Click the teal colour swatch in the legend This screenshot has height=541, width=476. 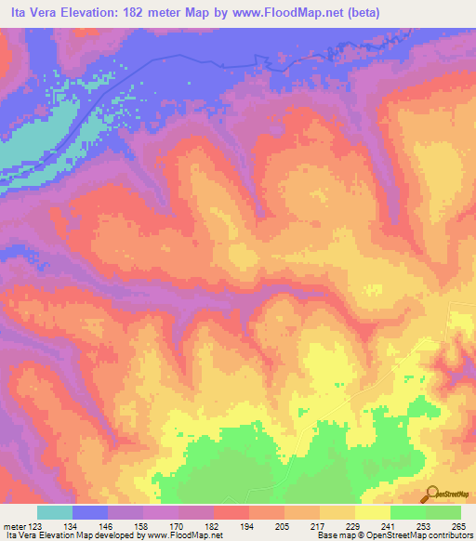click(x=55, y=512)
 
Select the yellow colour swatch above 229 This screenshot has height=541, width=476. click(x=337, y=512)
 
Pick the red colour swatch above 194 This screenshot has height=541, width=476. click(x=231, y=512)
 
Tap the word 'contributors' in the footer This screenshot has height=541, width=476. click(x=448, y=535)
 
